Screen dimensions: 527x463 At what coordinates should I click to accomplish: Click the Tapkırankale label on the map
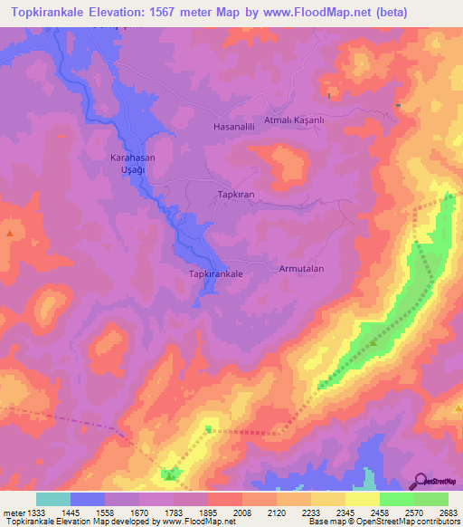215,272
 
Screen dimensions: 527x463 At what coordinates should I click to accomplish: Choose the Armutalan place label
301,269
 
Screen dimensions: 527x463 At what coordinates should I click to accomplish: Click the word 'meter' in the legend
12,513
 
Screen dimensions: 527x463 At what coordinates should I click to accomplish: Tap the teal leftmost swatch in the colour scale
53,499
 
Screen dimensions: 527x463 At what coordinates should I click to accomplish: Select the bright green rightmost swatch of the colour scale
430,499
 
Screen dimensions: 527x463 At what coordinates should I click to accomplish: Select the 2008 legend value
242,513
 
